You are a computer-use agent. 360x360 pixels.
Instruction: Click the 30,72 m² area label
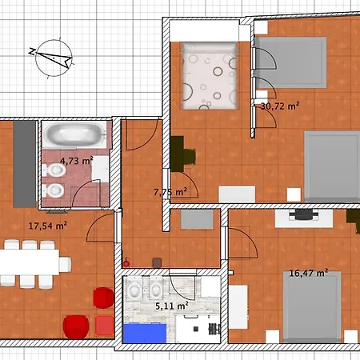click(280, 106)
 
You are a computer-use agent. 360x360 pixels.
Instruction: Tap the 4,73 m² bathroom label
click(77, 161)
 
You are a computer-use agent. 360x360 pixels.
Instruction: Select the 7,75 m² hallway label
click(170, 192)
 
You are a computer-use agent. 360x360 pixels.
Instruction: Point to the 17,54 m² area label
click(48, 226)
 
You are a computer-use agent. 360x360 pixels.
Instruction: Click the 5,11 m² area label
click(172, 306)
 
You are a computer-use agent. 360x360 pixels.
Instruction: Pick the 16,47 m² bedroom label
click(309, 273)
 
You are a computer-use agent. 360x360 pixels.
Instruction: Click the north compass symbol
click(54, 58)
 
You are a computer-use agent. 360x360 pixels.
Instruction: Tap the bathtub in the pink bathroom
click(74, 134)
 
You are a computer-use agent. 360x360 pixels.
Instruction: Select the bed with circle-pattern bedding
click(210, 76)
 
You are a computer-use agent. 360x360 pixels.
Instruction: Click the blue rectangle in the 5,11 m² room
click(145, 333)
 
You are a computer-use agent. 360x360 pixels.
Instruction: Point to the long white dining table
click(30, 262)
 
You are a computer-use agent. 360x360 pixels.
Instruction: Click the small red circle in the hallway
click(126, 264)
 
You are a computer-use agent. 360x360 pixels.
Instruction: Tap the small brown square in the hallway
click(157, 263)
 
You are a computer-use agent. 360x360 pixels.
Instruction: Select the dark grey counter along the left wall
click(25, 164)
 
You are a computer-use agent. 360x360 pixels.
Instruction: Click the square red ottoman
click(104, 325)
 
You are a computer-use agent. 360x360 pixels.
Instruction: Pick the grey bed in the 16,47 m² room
click(312, 307)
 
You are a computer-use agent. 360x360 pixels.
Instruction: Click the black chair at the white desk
click(304, 215)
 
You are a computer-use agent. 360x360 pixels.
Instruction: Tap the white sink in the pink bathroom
click(100, 169)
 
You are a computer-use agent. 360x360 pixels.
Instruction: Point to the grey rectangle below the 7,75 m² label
click(197, 219)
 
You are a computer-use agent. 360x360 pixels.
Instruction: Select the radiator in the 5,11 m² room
click(214, 329)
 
